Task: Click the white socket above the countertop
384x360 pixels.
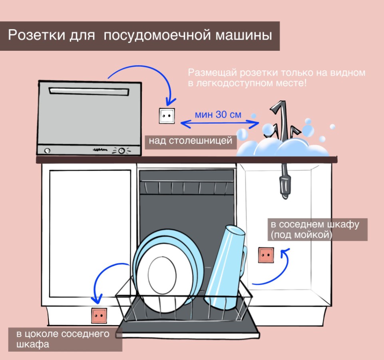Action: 167,116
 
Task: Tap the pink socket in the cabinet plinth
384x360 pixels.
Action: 99,316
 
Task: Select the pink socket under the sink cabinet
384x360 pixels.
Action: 266,255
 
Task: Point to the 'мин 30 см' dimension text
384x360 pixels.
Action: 218,114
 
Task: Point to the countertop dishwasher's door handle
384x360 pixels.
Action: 89,92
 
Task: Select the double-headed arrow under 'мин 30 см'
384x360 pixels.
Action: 219,124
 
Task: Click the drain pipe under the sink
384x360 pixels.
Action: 285,180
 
